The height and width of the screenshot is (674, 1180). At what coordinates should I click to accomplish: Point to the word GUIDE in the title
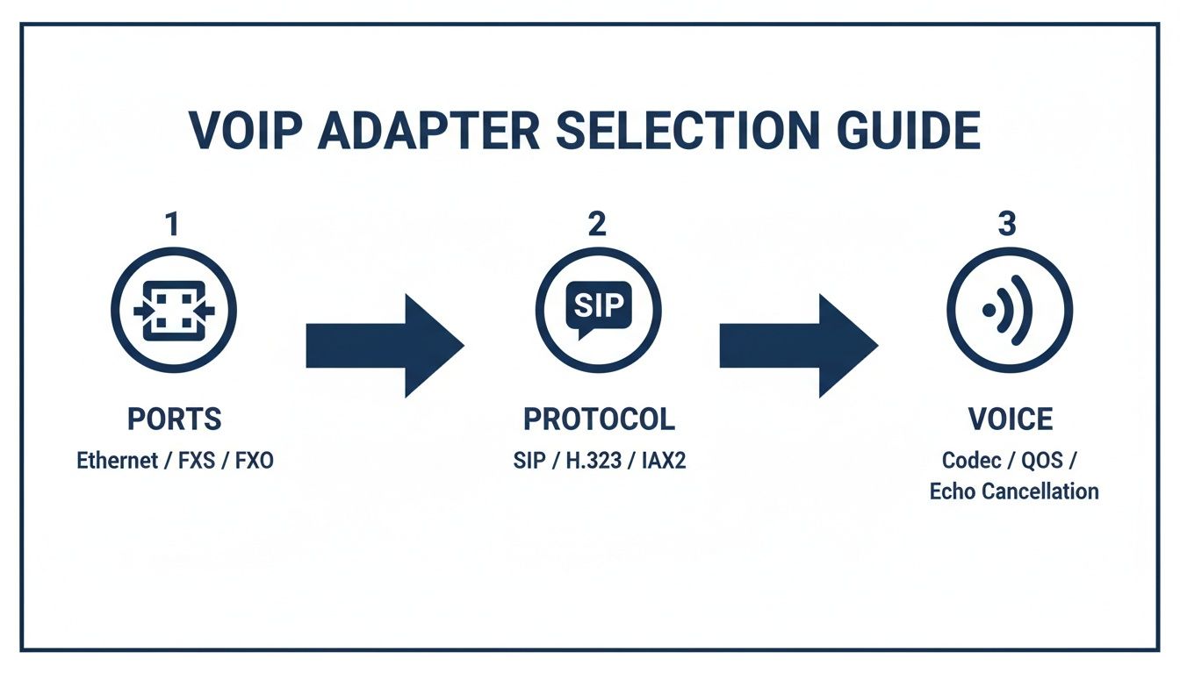click(910, 130)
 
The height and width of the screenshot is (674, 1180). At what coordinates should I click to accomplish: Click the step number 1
click(172, 225)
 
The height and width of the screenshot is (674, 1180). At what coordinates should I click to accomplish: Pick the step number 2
click(597, 225)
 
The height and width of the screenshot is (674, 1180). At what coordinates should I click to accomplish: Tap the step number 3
click(1007, 225)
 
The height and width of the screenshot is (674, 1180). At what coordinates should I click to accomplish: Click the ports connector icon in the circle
click(174, 310)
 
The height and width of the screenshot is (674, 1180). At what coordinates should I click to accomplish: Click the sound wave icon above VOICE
click(1009, 310)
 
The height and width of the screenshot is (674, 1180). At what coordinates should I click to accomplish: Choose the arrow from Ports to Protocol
click(384, 345)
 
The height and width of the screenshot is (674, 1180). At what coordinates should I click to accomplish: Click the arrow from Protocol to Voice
click(798, 345)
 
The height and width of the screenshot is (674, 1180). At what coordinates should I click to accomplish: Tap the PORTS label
click(174, 419)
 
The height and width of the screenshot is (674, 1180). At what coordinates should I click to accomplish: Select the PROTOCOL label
click(599, 419)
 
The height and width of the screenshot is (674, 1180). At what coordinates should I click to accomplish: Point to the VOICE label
click(1010, 419)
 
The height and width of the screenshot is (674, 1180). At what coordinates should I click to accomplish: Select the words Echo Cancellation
click(1014, 491)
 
